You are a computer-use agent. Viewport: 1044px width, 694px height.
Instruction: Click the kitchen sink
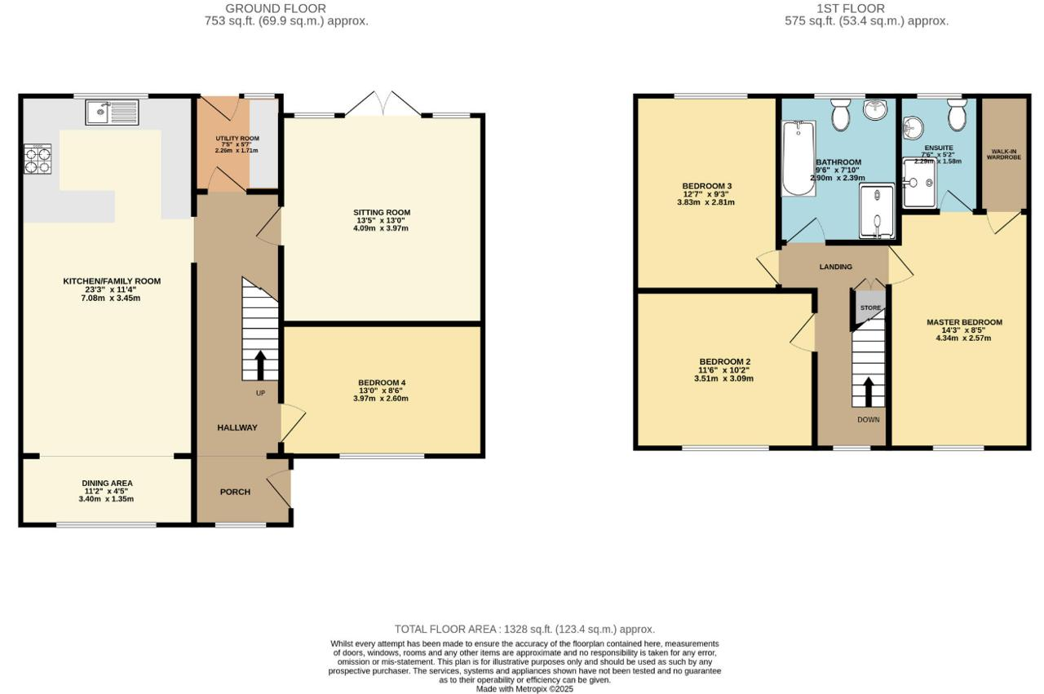pyautogui.click(x=113, y=113)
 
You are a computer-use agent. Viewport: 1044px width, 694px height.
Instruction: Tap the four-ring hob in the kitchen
pyautogui.click(x=38, y=158)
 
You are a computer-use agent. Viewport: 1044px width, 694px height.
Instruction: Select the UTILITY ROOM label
pyautogui.click(x=237, y=139)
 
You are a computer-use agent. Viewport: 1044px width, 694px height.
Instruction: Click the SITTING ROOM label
pyautogui.click(x=382, y=213)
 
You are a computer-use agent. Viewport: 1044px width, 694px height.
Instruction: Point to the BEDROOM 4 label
pyautogui.click(x=382, y=382)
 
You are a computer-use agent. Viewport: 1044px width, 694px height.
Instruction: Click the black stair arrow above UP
pyautogui.click(x=260, y=365)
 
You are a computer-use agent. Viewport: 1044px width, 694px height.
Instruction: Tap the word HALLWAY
pyautogui.click(x=237, y=427)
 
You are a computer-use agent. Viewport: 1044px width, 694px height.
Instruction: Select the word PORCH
pyautogui.click(x=236, y=492)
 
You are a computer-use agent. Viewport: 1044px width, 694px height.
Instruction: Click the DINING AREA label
pyautogui.click(x=107, y=484)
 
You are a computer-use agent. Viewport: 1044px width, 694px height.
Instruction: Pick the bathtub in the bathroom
pyautogui.click(x=798, y=158)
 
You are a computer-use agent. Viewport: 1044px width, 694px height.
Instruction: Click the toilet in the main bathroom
pyautogui.click(x=841, y=113)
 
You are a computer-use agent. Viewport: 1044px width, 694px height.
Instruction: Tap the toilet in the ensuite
pyautogui.click(x=958, y=113)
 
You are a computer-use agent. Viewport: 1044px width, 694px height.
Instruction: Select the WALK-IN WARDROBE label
pyautogui.click(x=1004, y=154)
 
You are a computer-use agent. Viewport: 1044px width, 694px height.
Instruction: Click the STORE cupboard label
pyautogui.click(x=870, y=307)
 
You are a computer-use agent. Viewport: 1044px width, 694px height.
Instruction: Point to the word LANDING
pyautogui.click(x=836, y=267)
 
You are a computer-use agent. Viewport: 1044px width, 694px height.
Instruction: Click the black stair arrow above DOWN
pyautogui.click(x=869, y=392)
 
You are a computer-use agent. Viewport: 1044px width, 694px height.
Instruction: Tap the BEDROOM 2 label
pyautogui.click(x=725, y=362)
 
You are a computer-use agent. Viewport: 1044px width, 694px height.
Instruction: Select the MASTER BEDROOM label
pyautogui.click(x=964, y=322)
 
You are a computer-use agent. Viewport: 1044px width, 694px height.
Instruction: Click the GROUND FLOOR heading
pyautogui.click(x=276, y=8)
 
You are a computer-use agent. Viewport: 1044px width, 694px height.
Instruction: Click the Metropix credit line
pyautogui.click(x=524, y=689)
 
